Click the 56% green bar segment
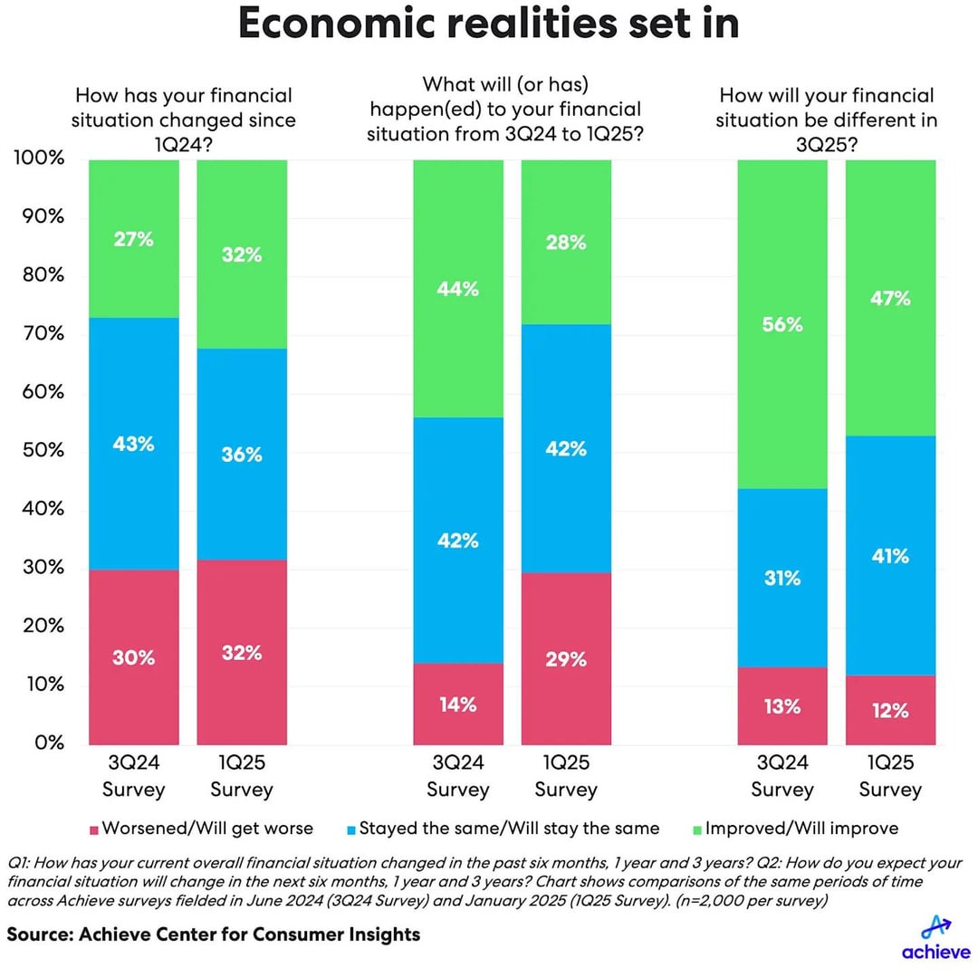(x=782, y=324)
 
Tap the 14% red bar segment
(x=457, y=704)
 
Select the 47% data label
(x=890, y=298)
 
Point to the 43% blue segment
(x=133, y=444)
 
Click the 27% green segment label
(x=133, y=239)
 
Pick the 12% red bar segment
(x=890, y=710)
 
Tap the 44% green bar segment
(x=457, y=289)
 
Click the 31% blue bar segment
(x=782, y=578)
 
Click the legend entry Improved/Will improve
(x=801, y=829)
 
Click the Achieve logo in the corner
(x=935, y=937)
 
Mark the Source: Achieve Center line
(x=214, y=933)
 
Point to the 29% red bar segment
(x=566, y=658)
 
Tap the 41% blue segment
(x=890, y=555)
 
